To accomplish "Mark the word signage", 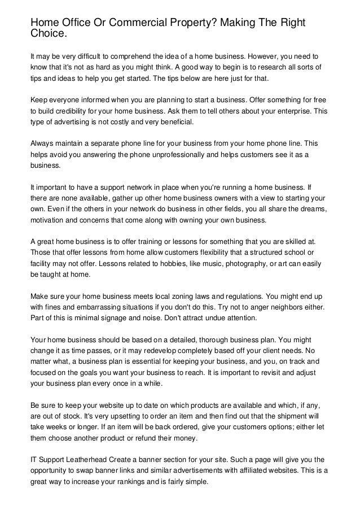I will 113,317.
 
